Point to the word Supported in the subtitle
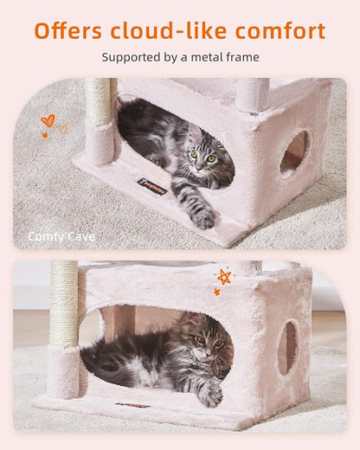click(x=131, y=58)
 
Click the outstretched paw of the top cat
click(x=203, y=218)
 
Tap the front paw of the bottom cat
click(x=210, y=395)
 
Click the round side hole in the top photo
click(x=294, y=152)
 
